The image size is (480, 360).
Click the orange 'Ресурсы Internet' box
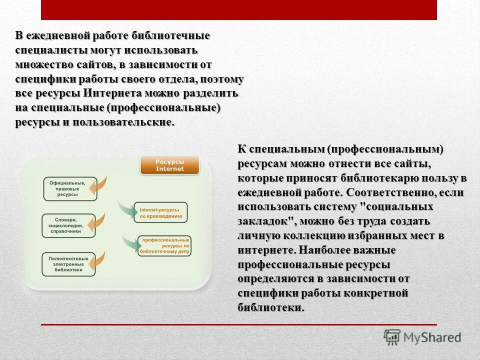point(169,165)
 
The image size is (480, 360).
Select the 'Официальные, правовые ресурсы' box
point(66,189)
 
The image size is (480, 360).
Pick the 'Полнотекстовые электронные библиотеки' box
point(68,263)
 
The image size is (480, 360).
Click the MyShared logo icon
point(392,337)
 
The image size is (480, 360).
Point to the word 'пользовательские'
point(123,122)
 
